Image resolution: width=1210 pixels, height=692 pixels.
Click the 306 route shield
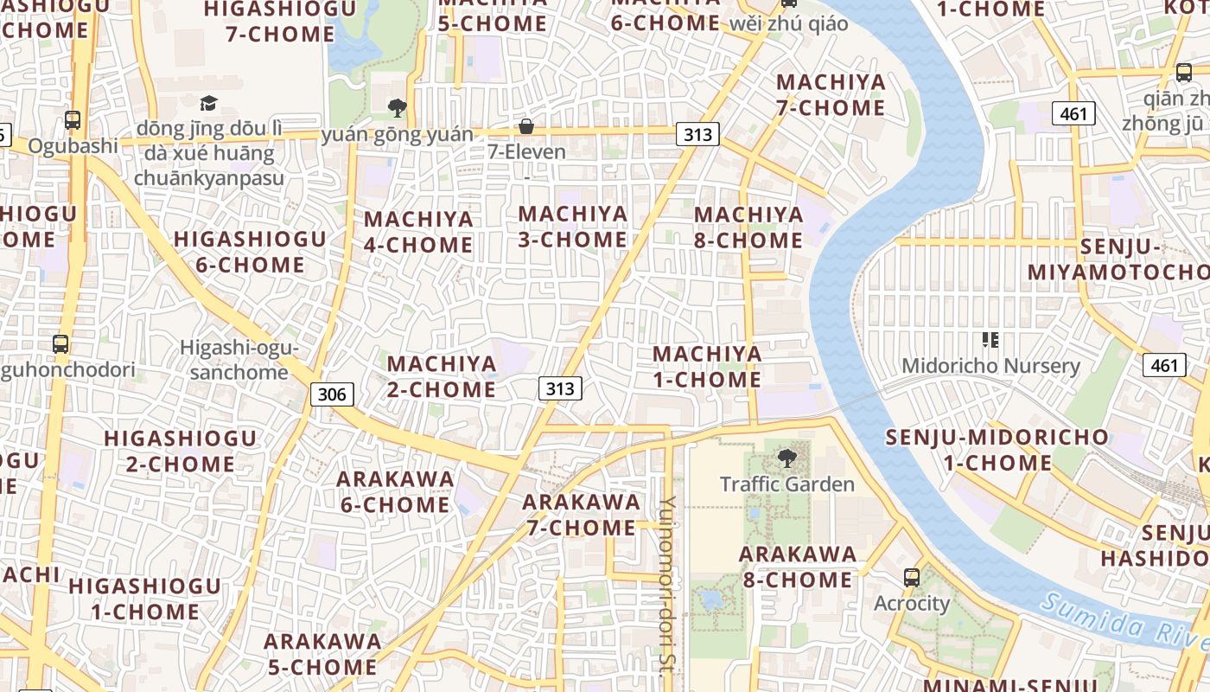332,395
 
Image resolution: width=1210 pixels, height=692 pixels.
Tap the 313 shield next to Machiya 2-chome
560,388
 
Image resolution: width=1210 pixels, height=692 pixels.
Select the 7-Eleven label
527,152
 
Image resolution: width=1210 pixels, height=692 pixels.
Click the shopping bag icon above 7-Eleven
525,127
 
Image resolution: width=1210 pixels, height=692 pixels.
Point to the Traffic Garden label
786,484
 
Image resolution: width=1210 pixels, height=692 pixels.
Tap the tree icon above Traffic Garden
786,458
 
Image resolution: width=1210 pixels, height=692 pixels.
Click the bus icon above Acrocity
911,578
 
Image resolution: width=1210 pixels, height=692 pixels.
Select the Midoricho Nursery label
990,366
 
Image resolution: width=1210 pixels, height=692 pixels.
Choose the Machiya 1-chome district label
707,367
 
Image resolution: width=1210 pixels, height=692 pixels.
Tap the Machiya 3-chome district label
572,227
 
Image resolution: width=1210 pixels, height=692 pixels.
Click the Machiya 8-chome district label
748,227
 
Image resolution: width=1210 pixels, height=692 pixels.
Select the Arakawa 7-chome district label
581,515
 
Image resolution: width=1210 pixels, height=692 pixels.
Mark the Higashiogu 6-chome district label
250,252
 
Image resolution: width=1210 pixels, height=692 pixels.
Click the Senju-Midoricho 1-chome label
997,450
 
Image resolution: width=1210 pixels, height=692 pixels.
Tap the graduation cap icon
208,104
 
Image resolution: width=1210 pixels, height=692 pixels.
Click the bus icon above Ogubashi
73,120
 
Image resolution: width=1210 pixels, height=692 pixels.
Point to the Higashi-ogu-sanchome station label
239,360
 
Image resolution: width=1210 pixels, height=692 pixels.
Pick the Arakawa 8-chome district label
798,567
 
